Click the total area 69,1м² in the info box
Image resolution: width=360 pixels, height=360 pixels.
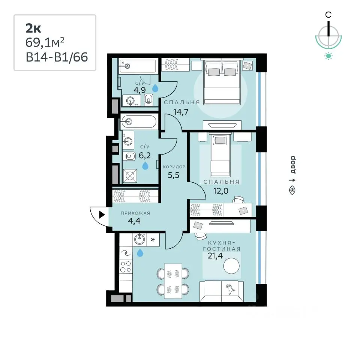(x=45, y=42)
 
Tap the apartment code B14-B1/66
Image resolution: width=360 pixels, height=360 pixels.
(x=57, y=57)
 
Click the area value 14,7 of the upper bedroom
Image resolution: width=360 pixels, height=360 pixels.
(x=181, y=112)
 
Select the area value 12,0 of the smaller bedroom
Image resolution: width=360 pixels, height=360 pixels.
(x=220, y=190)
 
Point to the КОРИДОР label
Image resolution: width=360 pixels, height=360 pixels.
(x=174, y=166)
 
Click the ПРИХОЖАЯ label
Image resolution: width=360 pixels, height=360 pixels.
(x=135, y=213)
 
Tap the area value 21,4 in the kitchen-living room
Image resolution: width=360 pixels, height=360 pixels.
(x=215, y=255)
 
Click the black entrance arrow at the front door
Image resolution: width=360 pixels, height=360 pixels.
(x=102, y=215)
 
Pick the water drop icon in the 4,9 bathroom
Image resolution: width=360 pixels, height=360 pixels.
(x=155, y=88)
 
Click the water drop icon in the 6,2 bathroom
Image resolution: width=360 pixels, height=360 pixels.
(x=145, y=165)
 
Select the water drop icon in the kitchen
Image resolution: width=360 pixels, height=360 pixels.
(x=140, y=253)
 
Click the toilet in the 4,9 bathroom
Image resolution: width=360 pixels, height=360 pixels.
(x=149, y=100)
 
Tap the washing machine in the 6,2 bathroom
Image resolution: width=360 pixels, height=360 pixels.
(x=130, y=176)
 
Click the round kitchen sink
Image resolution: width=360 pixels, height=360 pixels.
(x=139, y=240)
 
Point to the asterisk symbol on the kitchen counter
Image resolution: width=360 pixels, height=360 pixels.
(x=153, y=240)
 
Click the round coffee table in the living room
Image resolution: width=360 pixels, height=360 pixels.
(x=231, y=266)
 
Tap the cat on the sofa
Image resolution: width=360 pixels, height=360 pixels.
(x=230, y=289)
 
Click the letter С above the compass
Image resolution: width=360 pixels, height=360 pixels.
(x=328, y=15)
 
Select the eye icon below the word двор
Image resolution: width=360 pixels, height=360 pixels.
(x=292, y=190)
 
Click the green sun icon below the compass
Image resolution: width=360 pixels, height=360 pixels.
(x=328, y=56)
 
